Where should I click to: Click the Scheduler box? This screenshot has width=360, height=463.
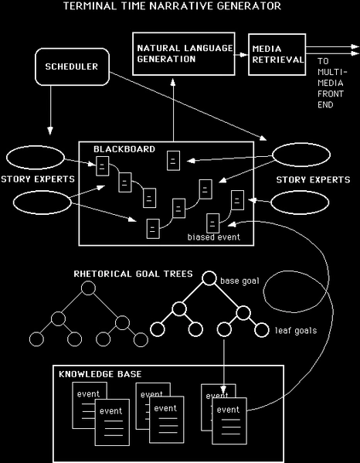tap(69, 67)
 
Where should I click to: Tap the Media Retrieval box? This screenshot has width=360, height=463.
tap(277, 54)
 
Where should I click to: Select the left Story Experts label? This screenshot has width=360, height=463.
tap(37, 180)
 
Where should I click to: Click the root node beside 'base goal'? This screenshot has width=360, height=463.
tap(209, 280)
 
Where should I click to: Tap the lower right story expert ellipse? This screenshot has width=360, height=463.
tap(304, 203)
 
